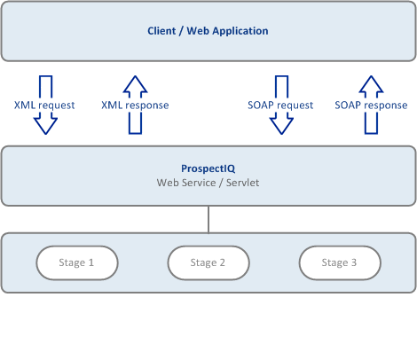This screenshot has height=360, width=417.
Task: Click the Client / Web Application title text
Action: pyautogui.click(x=208, y=31)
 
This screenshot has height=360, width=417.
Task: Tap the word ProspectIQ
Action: pyautogui.click(x=208, y=168)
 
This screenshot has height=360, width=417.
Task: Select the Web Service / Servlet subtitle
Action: pyautogui.click(x=208, y=183)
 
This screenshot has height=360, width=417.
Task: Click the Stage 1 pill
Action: pyautogui.click(x=77, y=262)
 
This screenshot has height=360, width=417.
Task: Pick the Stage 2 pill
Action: pyautogui.click(x=208, y=262)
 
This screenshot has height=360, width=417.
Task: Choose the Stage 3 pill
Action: pyautogui.click(x=340, y=262)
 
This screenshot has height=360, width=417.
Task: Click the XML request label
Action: pyautogui.click(x=44, y=106)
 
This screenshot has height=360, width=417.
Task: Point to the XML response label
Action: pyautogui.click(x=135, y=106)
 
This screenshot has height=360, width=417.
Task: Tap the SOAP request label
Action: pyautogui.click(x=280, y=106)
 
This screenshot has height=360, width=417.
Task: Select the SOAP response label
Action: pyautogui.click(x=371, y=106)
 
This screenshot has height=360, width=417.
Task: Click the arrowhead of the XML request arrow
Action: pyautogui.click(x=45, y=126)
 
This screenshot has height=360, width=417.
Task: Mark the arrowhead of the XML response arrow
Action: pyautogui.click(x=135, y=83)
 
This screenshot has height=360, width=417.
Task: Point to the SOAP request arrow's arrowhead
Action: pyautogui.click(x=281, y=126)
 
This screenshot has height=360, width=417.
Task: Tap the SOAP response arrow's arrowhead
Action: pyautogui.click(x=371, y=83)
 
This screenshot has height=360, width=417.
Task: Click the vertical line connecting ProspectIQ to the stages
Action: pyautogui.click(x=208, y=219)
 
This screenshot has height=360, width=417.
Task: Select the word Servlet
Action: pyautogui.click(x=243, y=183)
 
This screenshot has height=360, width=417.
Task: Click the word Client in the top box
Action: pyautogui.click(x=161, y=31)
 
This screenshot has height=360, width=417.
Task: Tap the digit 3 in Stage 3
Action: pyautogui.click(x=354, y=262)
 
